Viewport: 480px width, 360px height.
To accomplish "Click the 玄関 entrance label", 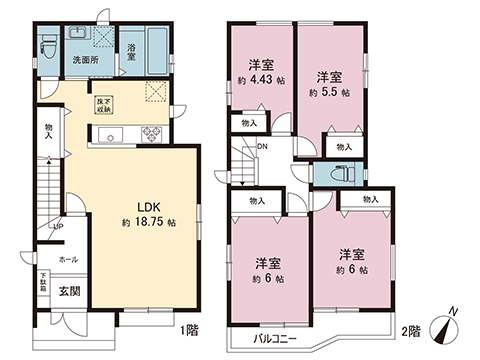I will (x=67, y=291).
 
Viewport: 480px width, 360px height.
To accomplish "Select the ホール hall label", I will (x=67, y=259).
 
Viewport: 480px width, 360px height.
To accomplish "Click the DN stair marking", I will (x=261, y=147).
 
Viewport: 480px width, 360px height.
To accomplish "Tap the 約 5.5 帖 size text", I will (x=331, y=91).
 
